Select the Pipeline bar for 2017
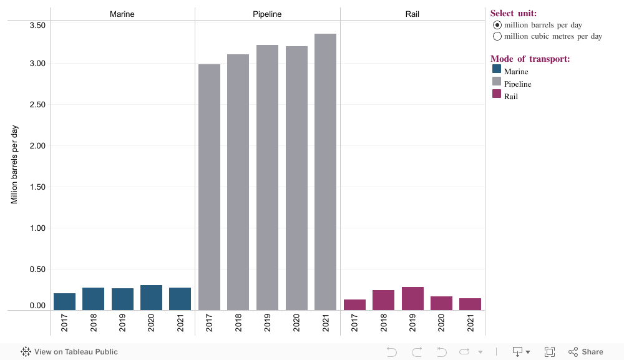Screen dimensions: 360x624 (209, 187)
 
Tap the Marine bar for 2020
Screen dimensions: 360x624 (151, 298)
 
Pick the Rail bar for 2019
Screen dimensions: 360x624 (412, 298)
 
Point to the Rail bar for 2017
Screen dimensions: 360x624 (354, 304)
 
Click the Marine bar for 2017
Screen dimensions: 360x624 (64, 301)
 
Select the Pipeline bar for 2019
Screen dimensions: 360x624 (267, 177)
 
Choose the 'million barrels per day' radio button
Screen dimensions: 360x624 (497, 25)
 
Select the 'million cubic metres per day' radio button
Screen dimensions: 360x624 (497, 36)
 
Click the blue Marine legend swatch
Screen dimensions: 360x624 (497, 70)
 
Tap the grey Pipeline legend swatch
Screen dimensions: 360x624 (497, 82)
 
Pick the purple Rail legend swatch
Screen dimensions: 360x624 (497, 94)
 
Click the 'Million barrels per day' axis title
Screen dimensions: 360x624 (15, 165)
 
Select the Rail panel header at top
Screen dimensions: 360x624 (412, 14)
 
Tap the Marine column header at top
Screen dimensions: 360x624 (122, 14)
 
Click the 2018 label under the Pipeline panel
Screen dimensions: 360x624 (238, 323)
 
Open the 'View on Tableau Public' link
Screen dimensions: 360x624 (69, 352)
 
